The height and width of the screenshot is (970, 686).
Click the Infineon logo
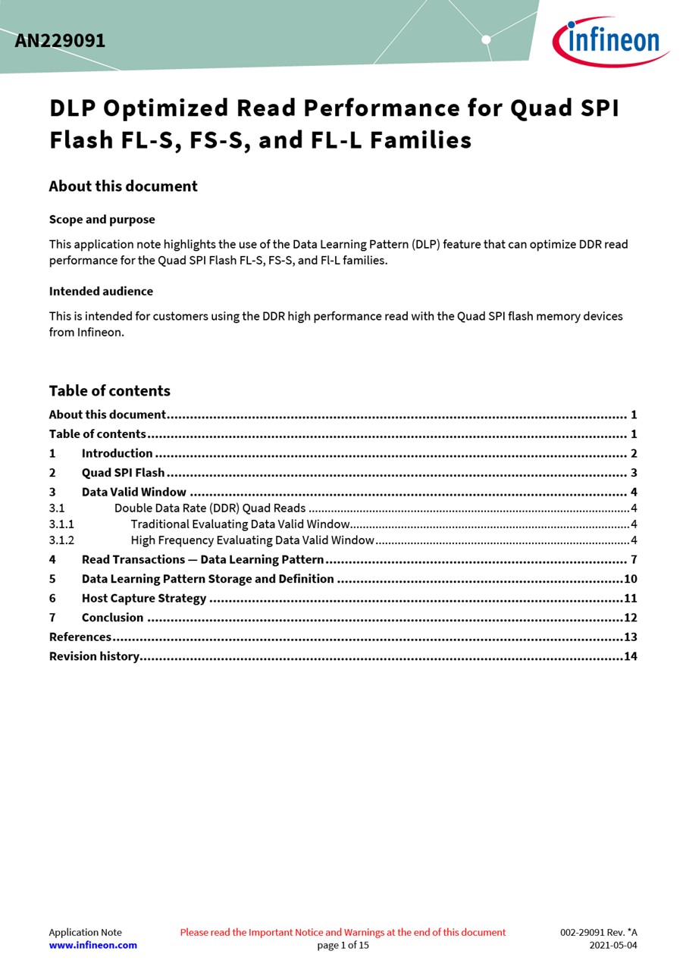(x=609, y=41)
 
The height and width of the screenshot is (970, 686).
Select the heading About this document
(x=123, y=186)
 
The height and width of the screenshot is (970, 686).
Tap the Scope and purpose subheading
(x=102, y=220)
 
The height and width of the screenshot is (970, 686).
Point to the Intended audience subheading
(x=101, y=291)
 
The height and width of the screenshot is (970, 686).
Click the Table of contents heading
(x=109, y=391)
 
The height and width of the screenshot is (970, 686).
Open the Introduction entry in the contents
(x=117, y=453)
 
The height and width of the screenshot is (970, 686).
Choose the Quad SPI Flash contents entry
(x=123, y=473)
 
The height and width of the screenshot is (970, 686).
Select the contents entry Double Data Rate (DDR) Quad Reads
(x=210, y=508)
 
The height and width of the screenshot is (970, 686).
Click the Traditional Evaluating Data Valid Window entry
(x=240, y=524)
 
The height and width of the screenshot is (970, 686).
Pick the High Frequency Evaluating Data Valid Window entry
(x=252, y=540)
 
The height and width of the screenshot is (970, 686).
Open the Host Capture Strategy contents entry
(x=144, y=598)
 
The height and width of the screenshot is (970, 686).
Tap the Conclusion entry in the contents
(x=112, y=618)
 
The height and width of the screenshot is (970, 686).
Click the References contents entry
(x=80, y=637)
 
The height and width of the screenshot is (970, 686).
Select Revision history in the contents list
(x=94, y=656)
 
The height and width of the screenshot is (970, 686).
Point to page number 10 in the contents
(x=630, y=579)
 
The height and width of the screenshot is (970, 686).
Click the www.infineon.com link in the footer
(x=92, y=945)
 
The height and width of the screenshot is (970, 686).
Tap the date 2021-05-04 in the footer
(x=613, y=945)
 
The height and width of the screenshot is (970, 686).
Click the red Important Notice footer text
(x=343, y=932)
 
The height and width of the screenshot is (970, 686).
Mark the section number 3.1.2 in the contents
(x=61, y=540)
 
